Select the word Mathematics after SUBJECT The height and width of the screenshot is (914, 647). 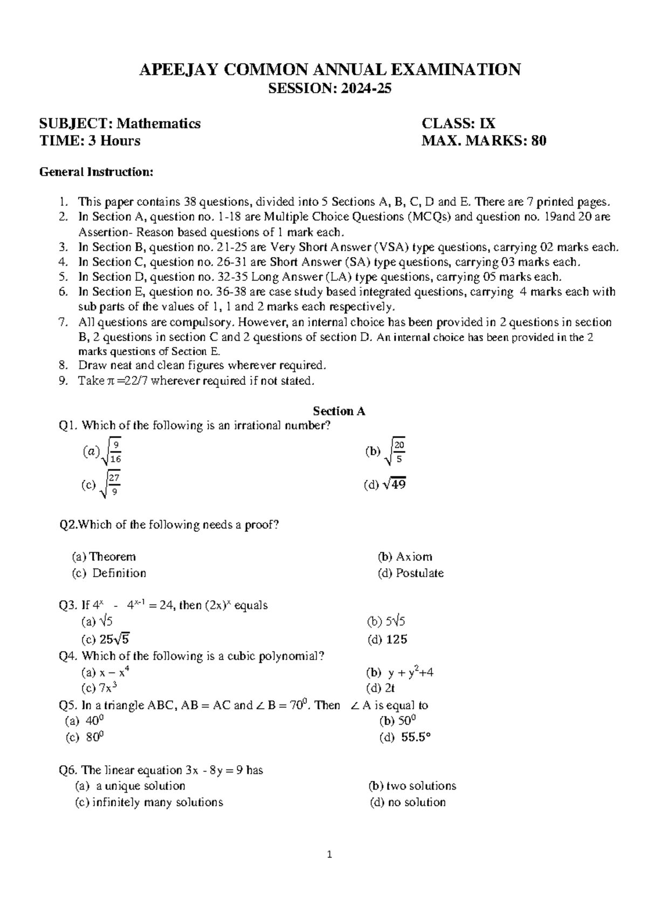[x=159, y=123]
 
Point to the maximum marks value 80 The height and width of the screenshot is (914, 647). [x=539, y=141]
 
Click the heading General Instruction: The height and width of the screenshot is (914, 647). [x=97, y=172]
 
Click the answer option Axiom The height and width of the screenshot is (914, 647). [x=413, y=557]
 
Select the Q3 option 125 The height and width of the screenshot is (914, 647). [x=395, y=640]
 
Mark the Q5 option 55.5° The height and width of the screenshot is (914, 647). [x=415, y=738]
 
